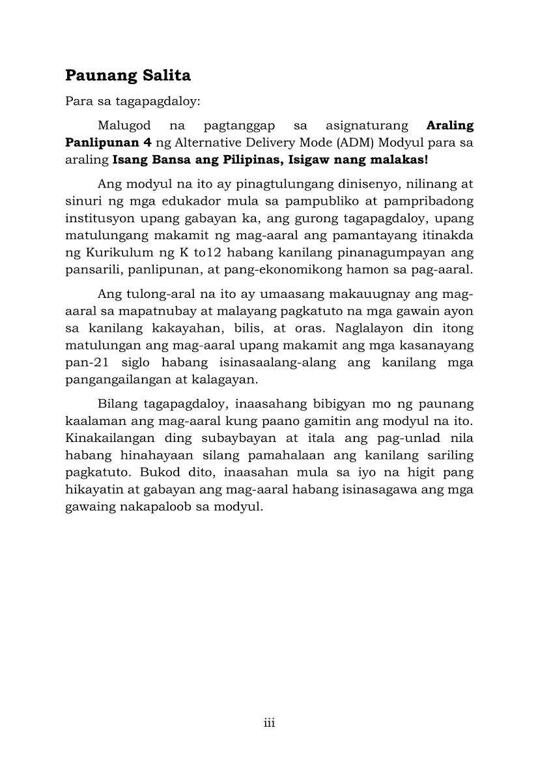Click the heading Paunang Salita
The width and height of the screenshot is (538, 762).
128,76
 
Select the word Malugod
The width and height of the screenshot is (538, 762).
124,125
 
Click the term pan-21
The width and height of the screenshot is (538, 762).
87,361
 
